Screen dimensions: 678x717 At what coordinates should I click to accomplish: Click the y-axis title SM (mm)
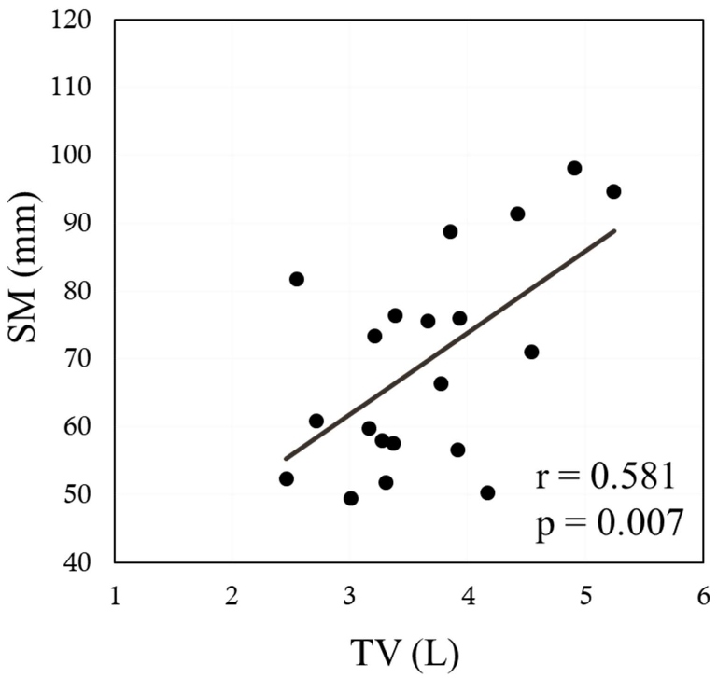(x=25, y=289)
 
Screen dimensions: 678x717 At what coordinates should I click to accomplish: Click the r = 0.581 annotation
(x=604, y=477)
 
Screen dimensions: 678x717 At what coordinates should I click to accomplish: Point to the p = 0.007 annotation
(x=604, y=526)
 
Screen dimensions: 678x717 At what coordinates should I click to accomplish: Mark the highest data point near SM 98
(x=574, y=168)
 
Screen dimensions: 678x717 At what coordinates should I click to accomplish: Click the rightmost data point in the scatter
(x=613, y=191)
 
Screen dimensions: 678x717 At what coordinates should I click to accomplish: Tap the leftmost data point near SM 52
(x=287, y=478)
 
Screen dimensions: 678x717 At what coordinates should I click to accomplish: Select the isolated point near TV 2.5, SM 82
(x=297, y=279)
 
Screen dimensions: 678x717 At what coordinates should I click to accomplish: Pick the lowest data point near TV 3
(x=351, y=498)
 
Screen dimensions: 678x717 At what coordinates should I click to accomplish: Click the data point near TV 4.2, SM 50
(x=487, y=492)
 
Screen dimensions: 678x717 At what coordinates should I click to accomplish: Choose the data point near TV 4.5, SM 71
(x=531, y=352)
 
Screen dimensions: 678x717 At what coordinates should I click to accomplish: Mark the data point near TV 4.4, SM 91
(x=517, y=214)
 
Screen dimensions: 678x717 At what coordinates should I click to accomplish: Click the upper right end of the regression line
(x=614, y=230)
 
